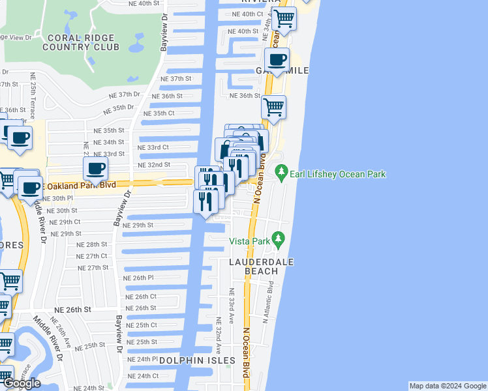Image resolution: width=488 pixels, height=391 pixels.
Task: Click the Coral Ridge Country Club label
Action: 82,42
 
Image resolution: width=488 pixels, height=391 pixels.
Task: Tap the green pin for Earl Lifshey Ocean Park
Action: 282,173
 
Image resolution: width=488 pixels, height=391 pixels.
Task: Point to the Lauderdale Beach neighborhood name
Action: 261,267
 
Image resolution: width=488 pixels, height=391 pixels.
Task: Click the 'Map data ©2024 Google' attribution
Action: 448,386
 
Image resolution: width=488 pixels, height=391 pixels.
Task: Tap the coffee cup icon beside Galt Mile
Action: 277,60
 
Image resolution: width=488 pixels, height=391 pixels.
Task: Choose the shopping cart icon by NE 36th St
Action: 273,106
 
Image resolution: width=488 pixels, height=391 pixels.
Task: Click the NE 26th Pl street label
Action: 138,278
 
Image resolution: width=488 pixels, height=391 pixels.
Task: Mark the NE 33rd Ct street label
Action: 153,148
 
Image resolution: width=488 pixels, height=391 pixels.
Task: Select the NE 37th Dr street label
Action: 124,94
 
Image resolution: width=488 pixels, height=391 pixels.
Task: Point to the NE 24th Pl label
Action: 142,359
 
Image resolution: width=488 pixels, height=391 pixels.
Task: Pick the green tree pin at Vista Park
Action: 279,239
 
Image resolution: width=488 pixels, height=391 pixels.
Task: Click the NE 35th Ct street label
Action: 159,113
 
